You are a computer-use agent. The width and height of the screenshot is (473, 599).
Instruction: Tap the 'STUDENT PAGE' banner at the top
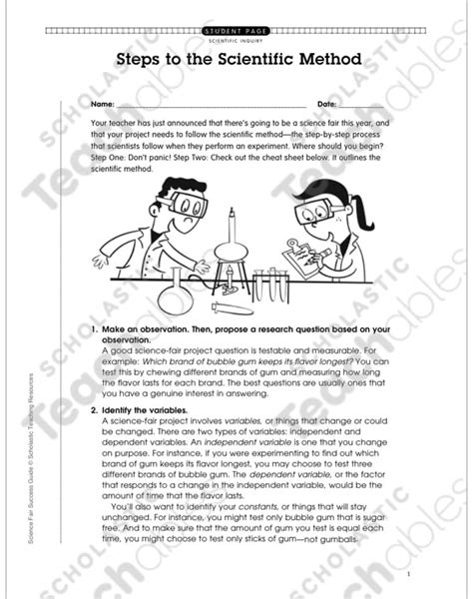click(x=236, y=32)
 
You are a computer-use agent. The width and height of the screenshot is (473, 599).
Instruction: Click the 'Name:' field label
click(x=101, y=104)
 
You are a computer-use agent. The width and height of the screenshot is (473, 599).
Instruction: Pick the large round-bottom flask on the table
click(x=177, y=291)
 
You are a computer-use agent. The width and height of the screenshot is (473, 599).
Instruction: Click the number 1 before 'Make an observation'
click(x=93, y=328)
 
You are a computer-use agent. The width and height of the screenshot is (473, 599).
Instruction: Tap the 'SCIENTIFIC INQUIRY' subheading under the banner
click(x=236, y=41)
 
